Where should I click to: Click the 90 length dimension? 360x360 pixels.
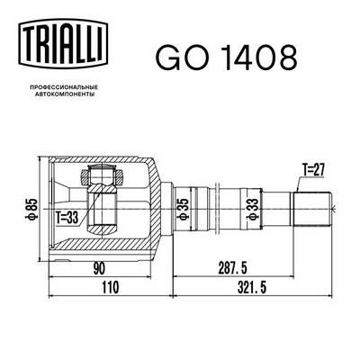click(x=100, y=268)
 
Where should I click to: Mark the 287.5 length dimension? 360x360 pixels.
click(x=229, y=268)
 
